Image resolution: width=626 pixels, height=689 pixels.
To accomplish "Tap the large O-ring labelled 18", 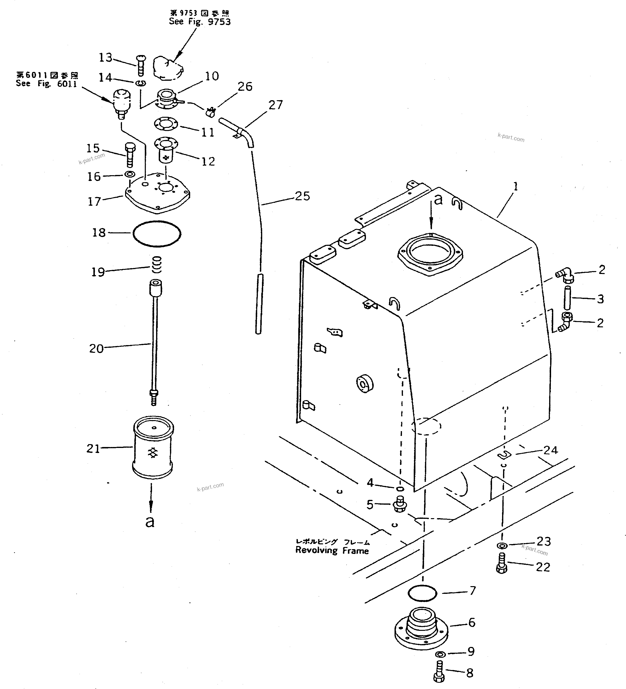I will (157, 234).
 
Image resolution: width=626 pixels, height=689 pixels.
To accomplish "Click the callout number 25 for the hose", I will (302, 196).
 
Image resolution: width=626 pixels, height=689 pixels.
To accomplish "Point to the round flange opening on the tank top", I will (430, 254).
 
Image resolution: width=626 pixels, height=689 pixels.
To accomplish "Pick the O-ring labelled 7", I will (422, 593).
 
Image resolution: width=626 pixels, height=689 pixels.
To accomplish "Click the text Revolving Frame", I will (332, 551).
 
